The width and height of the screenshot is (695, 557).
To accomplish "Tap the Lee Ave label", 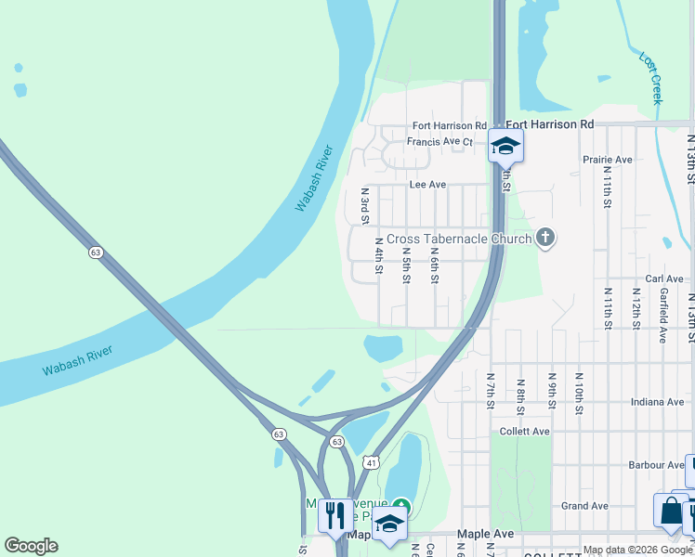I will pyautogui.click(x=427, y=185).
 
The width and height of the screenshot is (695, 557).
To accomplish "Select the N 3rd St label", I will pyautogui.click(x=365, y=206).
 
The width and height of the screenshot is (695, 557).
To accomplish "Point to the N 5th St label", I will pyautogui.click(x=406, y=265).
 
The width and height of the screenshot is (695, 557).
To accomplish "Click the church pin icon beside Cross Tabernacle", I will pyautogui.click(x=544, y=239).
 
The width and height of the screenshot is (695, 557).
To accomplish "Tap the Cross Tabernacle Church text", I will pyautogui.click(x=459, y=239).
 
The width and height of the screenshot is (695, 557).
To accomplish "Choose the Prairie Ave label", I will pyautogui.click(x=608, y=160).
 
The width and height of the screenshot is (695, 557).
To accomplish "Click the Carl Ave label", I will pyautogui.click(x=664, y=278).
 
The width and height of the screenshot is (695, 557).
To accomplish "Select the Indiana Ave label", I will pyautogui.click(x=656, y=402).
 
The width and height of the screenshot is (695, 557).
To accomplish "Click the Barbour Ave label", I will pyautogui.click(x=656, y=465).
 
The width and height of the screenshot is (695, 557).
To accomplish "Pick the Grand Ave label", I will pyautogui.click(x=584, y=506).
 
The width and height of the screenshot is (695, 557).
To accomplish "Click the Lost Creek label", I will pyautogui.click(x=650, y=77).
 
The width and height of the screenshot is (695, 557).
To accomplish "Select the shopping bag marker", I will pyautogui.click(x=670, y=511).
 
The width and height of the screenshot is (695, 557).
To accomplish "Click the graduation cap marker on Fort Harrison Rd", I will pyautogui.click(x=505, y=146).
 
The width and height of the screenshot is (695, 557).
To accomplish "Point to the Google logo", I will pyautogui.click(x=31, y=546).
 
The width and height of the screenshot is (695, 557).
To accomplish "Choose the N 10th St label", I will pyautogui.click(x=579, y=393).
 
